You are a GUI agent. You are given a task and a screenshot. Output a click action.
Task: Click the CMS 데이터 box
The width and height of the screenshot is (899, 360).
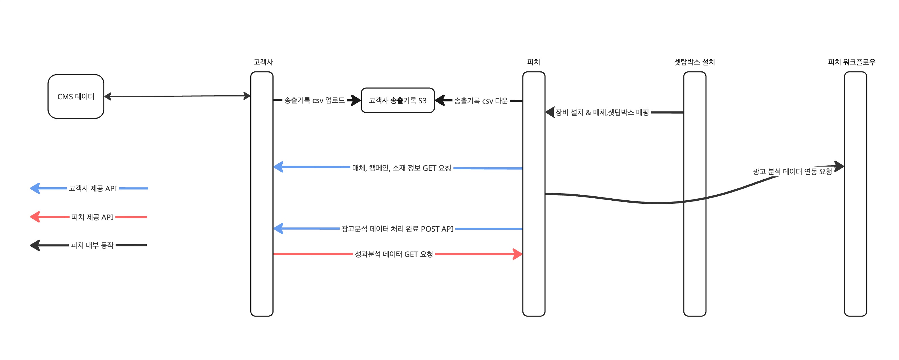[x=76, y=96]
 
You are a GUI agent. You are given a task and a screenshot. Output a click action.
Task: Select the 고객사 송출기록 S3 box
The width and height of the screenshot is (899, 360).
[x=398, y=100]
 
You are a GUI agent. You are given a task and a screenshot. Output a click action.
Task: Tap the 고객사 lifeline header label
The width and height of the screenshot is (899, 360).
[x=263, y=62]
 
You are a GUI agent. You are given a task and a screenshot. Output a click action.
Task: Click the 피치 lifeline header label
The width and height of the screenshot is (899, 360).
[x=533, y=62]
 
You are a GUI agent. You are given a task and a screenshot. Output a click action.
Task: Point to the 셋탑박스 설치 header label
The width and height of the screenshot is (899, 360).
[x=694, y=62]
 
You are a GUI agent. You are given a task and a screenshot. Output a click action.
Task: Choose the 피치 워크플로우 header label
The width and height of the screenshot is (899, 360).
[x=852, y=62]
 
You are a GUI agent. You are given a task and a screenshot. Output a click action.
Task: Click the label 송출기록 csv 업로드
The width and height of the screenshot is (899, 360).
[x=314, y=100]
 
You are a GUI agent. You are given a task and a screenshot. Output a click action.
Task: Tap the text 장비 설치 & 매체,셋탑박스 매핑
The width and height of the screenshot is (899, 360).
[x=602, y=112]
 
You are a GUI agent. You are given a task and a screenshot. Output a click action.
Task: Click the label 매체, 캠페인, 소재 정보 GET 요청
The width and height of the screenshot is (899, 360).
[x=401, y=168]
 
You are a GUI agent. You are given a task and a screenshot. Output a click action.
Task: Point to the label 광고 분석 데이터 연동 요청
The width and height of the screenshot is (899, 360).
[x=792, y=171]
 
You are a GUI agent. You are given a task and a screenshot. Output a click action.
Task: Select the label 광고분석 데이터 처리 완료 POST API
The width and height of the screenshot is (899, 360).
[x=397, y=229]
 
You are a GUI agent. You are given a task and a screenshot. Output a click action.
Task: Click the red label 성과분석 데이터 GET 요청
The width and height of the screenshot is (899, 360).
[x=394, y=254]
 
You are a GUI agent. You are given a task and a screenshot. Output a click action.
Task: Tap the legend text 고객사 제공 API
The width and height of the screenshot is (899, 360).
[x=93, y=189]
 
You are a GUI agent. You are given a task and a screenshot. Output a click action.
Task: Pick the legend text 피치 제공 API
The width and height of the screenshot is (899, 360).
[x=92, y=217]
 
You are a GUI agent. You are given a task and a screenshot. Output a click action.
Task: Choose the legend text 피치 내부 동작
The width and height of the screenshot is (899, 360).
[x=92, y=246]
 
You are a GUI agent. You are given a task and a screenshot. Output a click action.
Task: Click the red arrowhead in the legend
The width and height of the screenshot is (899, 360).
[x=35, y=217]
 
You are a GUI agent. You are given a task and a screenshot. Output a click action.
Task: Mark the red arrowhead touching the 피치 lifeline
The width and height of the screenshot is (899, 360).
[x=517, y=254]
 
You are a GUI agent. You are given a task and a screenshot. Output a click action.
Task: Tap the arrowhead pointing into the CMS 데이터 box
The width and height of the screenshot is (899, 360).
[x=108, y=97]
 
